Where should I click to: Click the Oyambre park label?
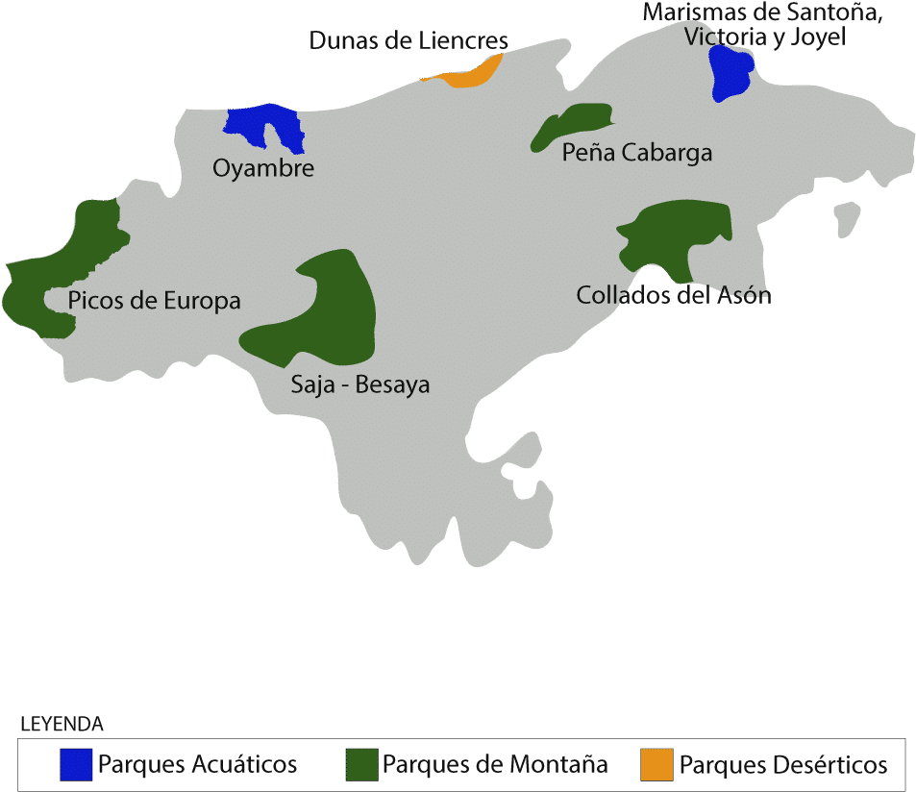click(263, 169)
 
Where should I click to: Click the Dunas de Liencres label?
click(408, 41)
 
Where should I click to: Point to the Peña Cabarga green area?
click(573, 123)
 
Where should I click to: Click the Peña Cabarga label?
click(636, 153)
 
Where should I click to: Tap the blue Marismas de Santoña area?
click(730, 72)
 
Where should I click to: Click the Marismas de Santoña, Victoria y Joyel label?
click(763, 25)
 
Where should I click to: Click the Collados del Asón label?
click(673, 295)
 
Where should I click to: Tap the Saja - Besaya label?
click(360, 385)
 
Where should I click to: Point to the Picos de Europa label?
click(154, 301)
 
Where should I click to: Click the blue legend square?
click(76, 765)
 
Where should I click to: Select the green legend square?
click(361, 765)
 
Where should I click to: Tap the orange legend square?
click(656, 765)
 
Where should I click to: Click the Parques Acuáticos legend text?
click(198, 765)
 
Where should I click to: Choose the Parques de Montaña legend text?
click(495, 765)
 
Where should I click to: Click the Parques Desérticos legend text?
click(783, 765)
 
